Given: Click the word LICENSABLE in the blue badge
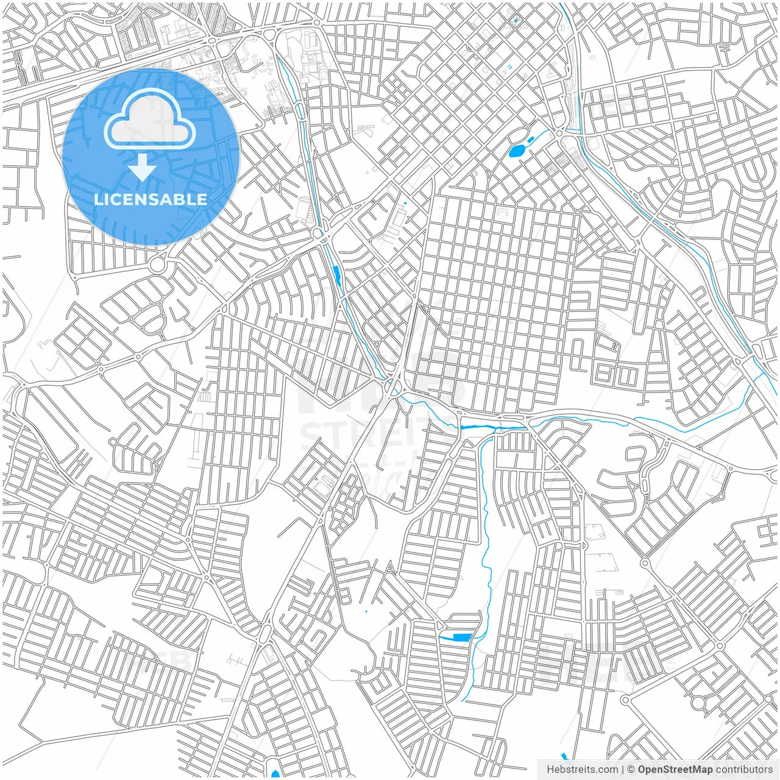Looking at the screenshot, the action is (150, 200).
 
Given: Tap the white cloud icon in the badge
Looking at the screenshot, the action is (150, 122).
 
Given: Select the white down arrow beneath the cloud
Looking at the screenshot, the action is (143, 168).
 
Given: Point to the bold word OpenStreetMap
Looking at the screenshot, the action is (675, 770).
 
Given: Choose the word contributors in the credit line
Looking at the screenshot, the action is (744, 770).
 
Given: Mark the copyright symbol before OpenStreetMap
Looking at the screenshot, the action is (631, 770).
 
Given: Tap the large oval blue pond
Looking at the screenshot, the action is (517, 150).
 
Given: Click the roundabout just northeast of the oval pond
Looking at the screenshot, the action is (559, 133).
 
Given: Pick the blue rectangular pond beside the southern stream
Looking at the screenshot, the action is (462, 637).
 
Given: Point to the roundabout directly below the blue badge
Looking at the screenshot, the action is (157, 266).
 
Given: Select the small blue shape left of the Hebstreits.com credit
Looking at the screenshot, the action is (563, 756).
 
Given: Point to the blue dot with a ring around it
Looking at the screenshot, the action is (516, 21).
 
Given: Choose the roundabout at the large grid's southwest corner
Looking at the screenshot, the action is (392, 386).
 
